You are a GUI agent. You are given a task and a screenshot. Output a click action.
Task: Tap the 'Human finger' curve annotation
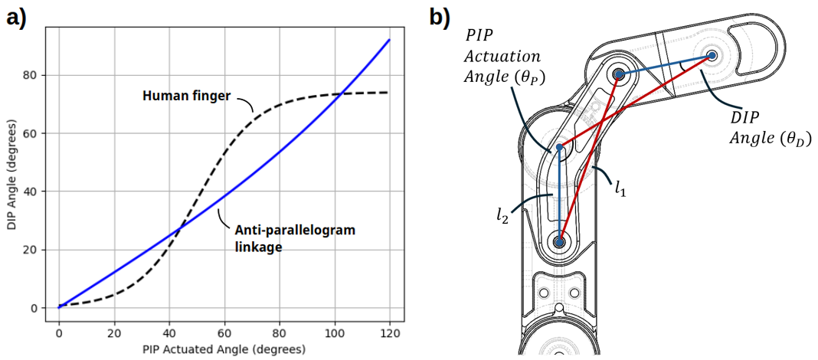[186, 97]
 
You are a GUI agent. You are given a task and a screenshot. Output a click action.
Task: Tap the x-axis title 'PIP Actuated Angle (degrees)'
[224, 350]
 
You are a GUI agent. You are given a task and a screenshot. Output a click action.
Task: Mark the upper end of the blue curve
[389, 40]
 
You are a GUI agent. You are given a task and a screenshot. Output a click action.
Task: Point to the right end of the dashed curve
[388, 92]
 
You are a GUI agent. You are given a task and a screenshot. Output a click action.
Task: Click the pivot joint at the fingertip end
[712, 55]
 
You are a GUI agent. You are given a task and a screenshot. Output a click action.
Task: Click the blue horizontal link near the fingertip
[666, 64]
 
